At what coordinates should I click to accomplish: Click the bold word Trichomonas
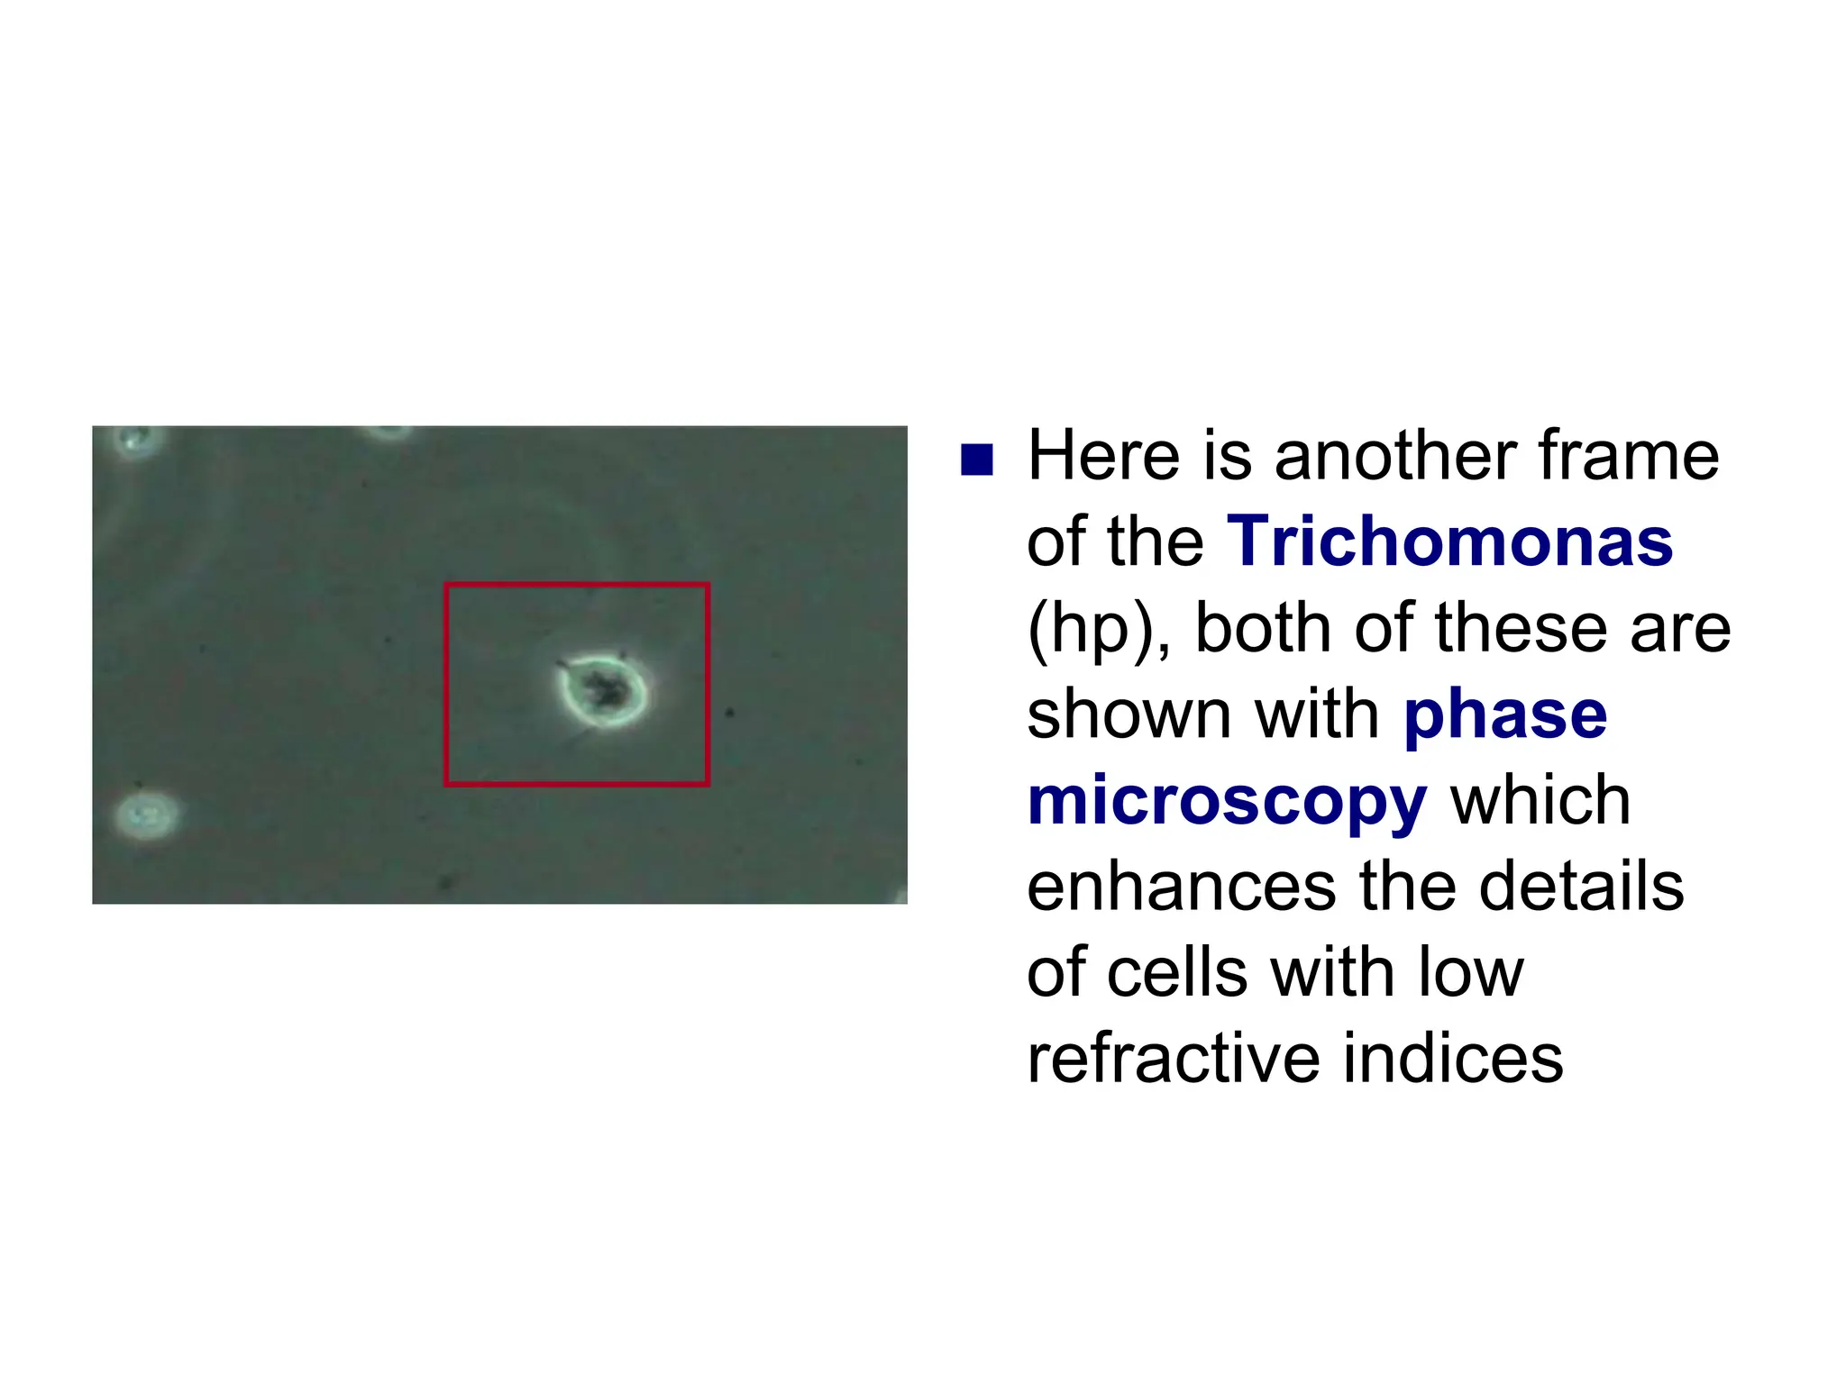pos(1449,542)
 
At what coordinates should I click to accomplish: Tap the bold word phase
pos(1505,715)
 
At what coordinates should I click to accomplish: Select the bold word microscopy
pos(1227,801)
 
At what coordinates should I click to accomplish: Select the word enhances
pos(1182,887)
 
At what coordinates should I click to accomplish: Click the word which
pos(1540,801)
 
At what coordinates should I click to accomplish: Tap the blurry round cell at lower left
pos(146,815)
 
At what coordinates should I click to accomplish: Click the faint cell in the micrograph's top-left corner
pos(135,441)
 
